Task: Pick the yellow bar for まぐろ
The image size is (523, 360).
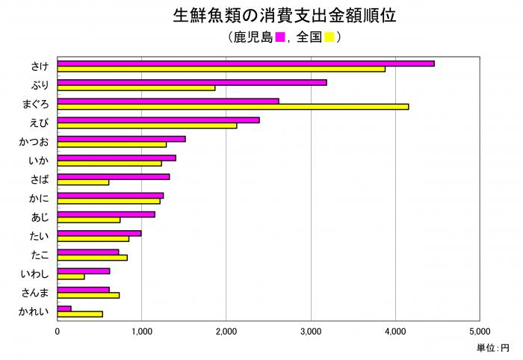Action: pos(232,107)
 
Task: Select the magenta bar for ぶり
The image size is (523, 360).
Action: pos(191,82)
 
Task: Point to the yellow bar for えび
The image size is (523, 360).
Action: pos(146,125)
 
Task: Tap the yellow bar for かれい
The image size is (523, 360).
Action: pos(80,314)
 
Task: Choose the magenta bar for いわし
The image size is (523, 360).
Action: pos(83,270)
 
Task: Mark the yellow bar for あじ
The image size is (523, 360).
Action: pos(88,220)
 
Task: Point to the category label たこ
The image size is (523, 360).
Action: pos(39,255)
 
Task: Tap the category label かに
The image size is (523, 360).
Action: pos(39,198)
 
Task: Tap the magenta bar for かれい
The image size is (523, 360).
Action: pos(64,308)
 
